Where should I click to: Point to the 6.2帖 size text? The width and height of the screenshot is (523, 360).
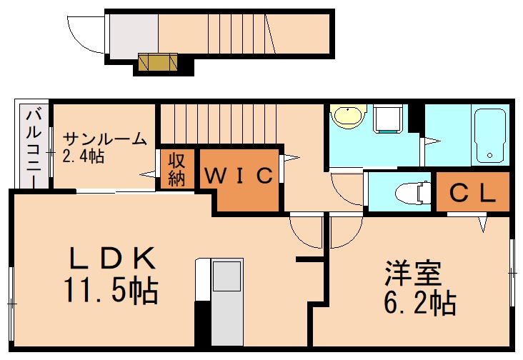click(x=420, y=304)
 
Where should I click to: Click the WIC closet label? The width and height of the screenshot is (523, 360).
click(x=239, y=175)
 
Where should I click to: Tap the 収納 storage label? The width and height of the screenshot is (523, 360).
click(x=177, y=169)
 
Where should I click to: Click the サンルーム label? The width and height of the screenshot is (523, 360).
click(x=105, y=139)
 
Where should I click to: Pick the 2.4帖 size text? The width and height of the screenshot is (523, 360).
click(x=84, y=156)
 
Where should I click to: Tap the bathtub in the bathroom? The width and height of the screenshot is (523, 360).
click(x=491, y=135)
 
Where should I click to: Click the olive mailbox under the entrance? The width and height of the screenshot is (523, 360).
click(x=157, y=63)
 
